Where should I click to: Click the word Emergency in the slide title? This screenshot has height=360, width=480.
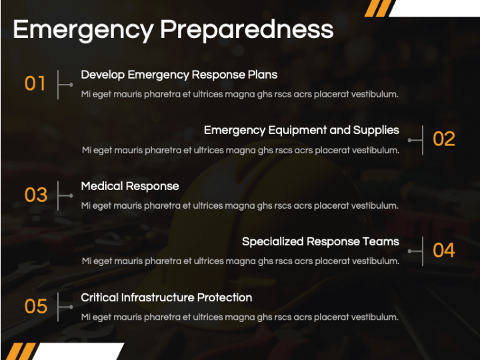coord(83,31)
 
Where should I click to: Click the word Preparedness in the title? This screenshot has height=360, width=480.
coord(247,30)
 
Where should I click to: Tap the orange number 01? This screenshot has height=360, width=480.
coord(35,83)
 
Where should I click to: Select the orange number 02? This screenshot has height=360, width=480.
coord(444,139)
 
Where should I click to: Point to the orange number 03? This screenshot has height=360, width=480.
coord(36,195)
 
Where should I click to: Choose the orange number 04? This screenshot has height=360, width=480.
coord(444,250)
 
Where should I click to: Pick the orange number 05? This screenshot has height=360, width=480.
coord(36,307)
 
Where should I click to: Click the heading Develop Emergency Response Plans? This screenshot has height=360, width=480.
coord(179,75)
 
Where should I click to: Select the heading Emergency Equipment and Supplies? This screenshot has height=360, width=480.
coord(301,131)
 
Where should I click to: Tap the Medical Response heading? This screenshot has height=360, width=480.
coord(130,186)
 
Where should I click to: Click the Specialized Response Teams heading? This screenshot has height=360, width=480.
coord(321,242)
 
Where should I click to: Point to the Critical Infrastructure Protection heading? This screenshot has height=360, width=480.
coord(167,297)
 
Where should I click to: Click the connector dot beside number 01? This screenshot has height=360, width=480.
coord(71,85)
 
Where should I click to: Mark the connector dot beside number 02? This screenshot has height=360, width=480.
coord(409,140)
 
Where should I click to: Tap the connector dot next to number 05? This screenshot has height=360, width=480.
coord(71,307)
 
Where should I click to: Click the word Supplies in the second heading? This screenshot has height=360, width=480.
coord(376,131)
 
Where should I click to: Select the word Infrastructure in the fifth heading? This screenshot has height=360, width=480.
coord(157,297)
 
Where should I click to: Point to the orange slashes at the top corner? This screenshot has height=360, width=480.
coord(378,8)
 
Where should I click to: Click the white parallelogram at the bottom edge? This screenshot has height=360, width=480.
coord(78,351)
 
